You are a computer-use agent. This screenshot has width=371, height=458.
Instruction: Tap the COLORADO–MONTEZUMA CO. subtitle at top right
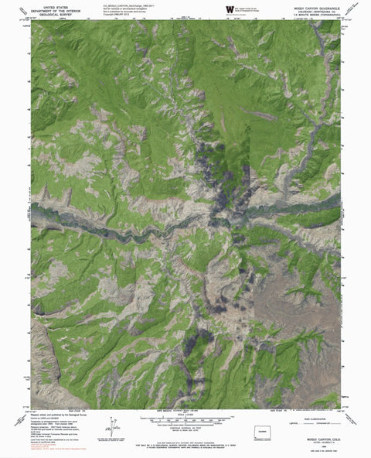click(x=317, y=9)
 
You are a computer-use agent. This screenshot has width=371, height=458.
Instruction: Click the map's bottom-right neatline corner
click(x=340, y=408)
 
